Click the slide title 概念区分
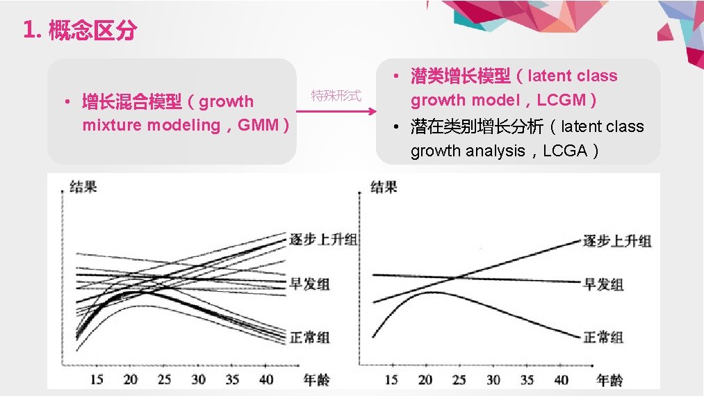pyautogui.click(x=92, y=31)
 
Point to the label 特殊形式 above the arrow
pyautogui.click(x=336, y=96)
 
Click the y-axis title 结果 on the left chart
pyautogui.click(x=83, y=187)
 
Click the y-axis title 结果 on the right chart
pyautogui.click(x=384, y=187)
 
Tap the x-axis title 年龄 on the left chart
pyautogui.click(x=316, y=379)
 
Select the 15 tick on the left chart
pyautogui.click(x=97, y=379)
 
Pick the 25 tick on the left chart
pyautogui.click(x=164, y=379)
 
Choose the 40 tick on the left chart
pyautogui.click(x=266, y=379)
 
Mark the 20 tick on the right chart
pyautogui.click(x=425, y=379)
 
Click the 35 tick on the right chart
pyautogui.click(x=527, y=379)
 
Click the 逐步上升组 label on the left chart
pyautogui.click(x=323, y=240)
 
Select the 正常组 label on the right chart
pyautogui.click(x=603, y=337)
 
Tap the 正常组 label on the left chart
pyautogui.click(x=309, y=337)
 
